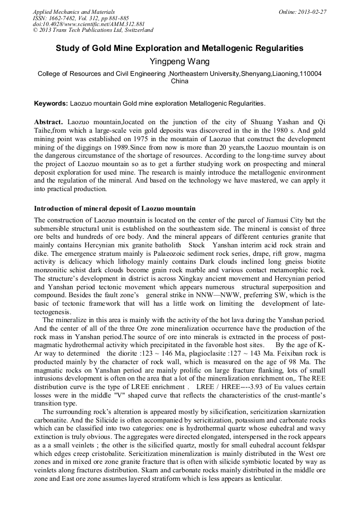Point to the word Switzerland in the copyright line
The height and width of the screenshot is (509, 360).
(x=134, y=30)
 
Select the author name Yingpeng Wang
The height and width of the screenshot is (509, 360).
(x=180, y=62)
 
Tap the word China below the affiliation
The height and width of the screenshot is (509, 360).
(x=179, y=82)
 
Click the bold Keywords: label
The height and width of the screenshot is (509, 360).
(x=50, y=103)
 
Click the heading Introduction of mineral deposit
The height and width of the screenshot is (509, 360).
(x=114, y=209)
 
